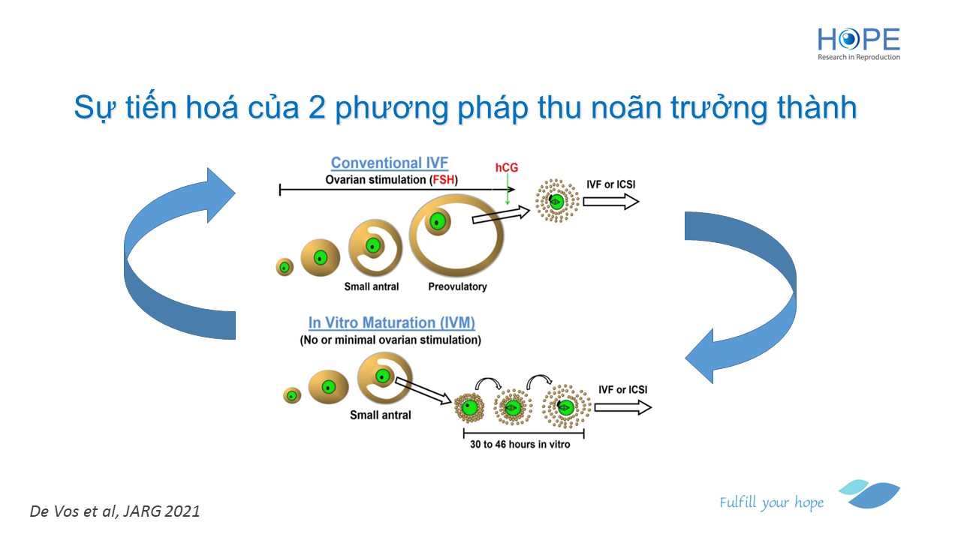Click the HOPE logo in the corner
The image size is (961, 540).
[x=858, y=44]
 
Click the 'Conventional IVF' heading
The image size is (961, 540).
[x=390, y=163]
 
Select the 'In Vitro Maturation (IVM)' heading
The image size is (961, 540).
[x=392, y=322]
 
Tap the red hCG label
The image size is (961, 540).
[x=507, y=167]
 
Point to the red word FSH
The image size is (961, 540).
[x=443, y=179]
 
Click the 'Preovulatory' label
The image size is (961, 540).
[x=457, y=286]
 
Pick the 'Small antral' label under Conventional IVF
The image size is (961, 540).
[x=372, y=286]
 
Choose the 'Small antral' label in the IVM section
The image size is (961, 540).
[x=381, y=415]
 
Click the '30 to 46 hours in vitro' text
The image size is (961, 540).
[x=520, y=445]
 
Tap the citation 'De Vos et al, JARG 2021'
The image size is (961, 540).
[x=115, y=511]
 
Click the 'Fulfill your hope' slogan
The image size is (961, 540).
[x=771, y=502]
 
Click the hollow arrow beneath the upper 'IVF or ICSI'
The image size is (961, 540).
[x=611, y=202]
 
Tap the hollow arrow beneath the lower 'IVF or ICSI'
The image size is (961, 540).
[x=623, y=407]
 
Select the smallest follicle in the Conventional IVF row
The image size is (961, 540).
[x=285, y=268]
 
